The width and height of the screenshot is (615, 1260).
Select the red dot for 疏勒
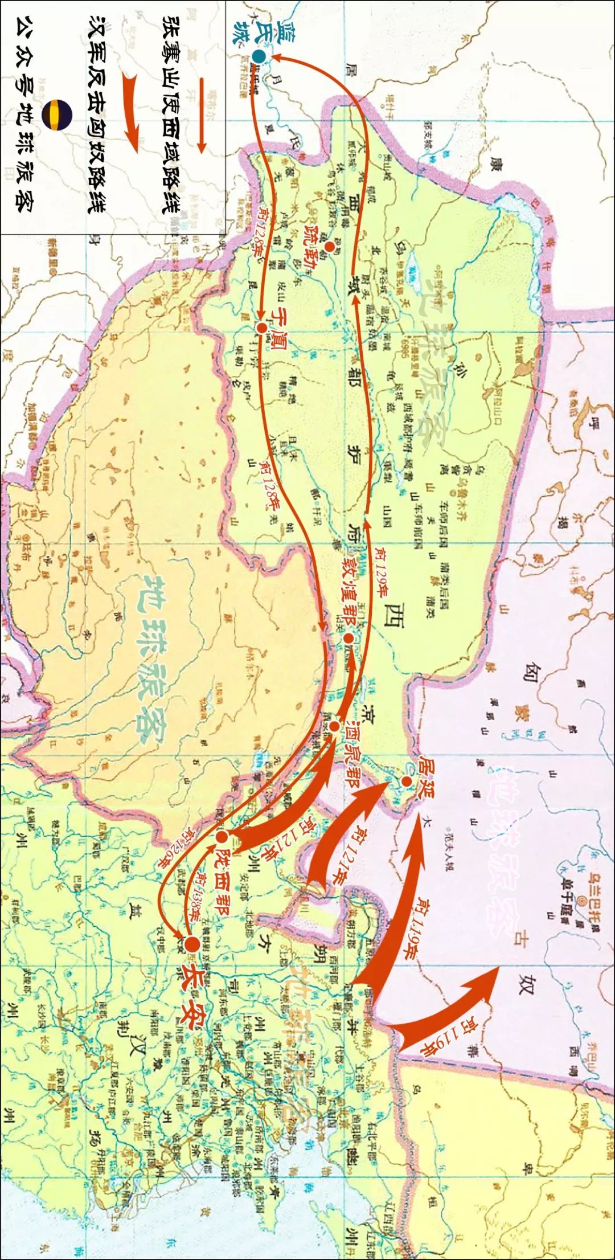coord(329,247)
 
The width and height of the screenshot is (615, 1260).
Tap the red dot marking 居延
coord(406,782)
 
